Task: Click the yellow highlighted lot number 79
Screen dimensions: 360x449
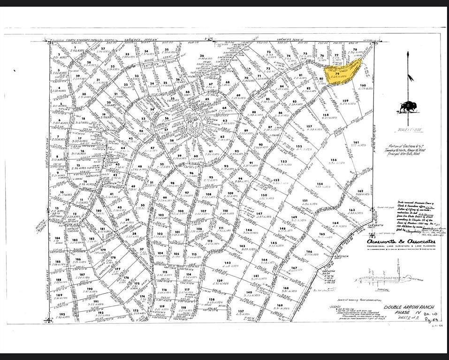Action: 337,74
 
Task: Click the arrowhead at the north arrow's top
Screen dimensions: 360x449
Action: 408,55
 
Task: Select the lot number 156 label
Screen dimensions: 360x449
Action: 334,160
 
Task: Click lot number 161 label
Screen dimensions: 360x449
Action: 357,142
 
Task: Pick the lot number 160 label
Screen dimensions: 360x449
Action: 363,85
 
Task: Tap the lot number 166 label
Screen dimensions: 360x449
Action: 309,252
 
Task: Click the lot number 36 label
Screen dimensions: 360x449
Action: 202,56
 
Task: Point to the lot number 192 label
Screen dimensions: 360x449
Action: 62,314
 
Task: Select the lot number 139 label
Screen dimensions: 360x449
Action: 219,280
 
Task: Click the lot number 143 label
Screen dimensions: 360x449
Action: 242,246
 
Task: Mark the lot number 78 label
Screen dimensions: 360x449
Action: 355,50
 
